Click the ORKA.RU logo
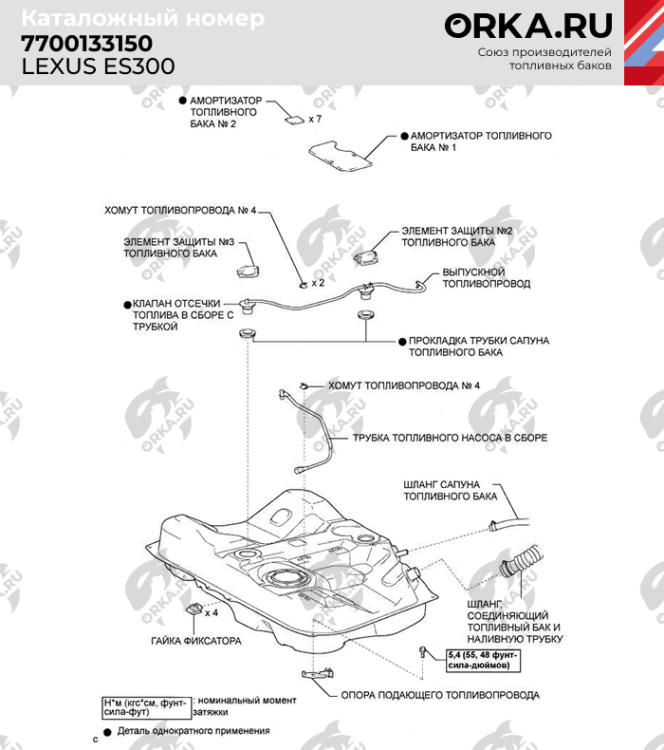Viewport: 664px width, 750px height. coord(529,26)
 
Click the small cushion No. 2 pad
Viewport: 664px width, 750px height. coord(295,119)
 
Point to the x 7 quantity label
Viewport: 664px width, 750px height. coord(316,120)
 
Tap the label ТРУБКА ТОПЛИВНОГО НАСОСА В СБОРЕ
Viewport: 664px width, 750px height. coord(450,439)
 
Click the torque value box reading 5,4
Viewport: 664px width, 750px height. coord(481,659)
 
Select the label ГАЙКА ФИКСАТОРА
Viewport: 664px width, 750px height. coord(196,642)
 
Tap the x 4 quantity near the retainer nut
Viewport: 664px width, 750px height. coord(212,613)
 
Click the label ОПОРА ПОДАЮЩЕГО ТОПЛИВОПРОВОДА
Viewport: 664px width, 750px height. coord(440,695)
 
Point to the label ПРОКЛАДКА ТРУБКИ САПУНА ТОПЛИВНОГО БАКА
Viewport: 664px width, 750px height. coord(479,346)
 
